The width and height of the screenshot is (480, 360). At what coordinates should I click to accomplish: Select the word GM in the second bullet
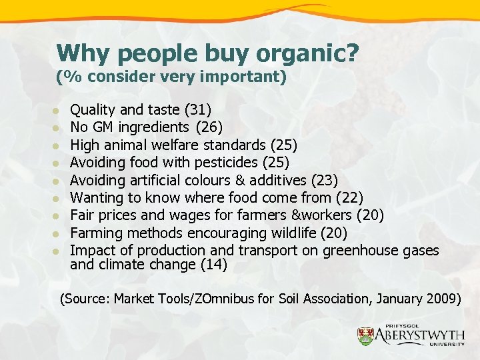[102, 127]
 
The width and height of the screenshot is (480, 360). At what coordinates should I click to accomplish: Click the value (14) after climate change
[214, 265]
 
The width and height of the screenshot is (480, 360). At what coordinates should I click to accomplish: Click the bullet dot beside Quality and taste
[58, 110]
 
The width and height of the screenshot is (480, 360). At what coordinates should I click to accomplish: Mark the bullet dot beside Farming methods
[58, 233]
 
